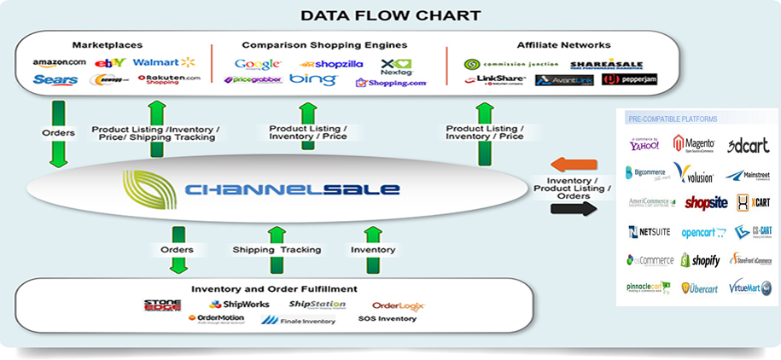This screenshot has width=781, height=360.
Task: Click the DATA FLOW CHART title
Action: tap(390, 15)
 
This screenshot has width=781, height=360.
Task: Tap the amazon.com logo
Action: tap(59, 62)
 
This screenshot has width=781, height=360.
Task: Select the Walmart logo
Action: tap(164, 62)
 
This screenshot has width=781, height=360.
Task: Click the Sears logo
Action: tap(55, 80)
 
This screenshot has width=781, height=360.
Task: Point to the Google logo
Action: tap(257, 64)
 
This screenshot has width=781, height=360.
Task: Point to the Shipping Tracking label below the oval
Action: tap(277, 250)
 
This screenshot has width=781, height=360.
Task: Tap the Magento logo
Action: tap(693, 144)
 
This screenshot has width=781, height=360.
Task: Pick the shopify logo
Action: tap(700, 260)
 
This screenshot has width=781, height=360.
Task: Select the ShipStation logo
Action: tap(317, 305)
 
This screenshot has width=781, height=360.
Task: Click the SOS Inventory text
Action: tap(387, 319)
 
